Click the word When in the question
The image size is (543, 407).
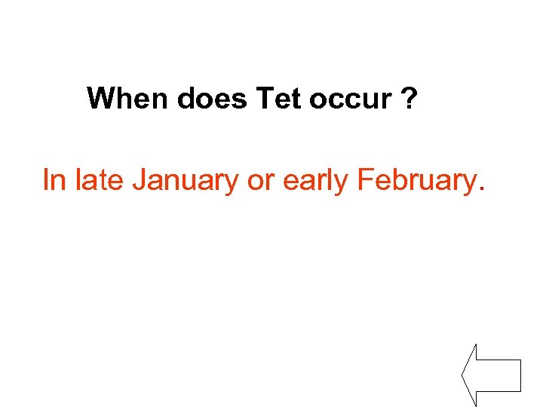[128, 98]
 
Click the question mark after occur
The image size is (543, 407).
[409, 98]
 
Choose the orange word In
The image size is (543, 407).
[54, 180]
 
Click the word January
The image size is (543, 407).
[181, 181]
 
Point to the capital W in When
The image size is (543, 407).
[100, 98]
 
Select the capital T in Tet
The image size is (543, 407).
[264, 98]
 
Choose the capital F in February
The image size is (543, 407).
[365, 180]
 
